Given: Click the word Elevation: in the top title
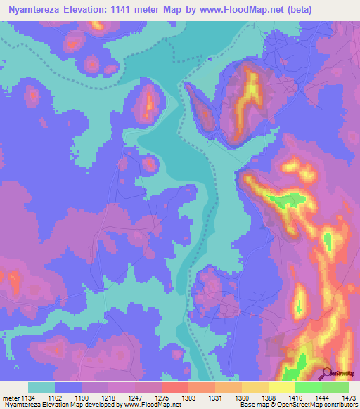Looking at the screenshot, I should [x=96, y=10].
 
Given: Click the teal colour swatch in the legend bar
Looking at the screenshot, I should [x=41, y=387].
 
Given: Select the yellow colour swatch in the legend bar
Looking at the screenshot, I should [x=282, y=387].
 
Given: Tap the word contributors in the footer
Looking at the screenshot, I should [x=341, y=404].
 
